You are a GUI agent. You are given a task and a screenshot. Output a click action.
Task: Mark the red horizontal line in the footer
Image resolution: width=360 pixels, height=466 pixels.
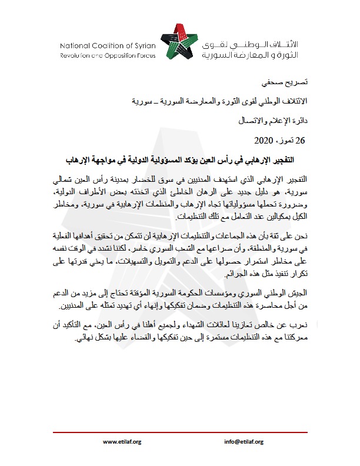[180, 431]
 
